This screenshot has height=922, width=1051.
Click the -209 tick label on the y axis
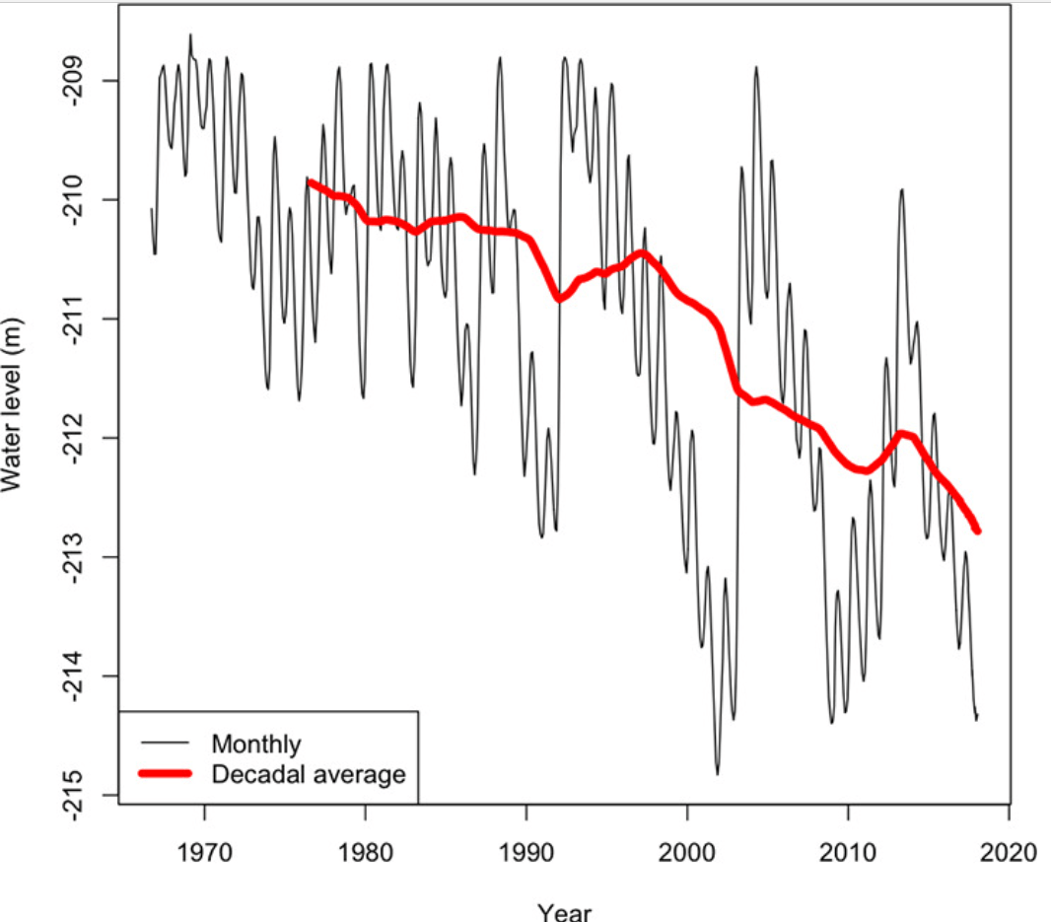[x=82, y=80]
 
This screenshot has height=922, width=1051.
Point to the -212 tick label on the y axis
[x=82, y=438]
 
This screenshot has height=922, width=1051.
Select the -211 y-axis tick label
[x=82, y=319]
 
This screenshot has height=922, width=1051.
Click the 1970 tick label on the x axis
[x=205, y=849]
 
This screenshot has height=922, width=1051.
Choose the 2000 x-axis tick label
[x=687, y=849]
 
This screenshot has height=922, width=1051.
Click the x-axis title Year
[x=564, y=910]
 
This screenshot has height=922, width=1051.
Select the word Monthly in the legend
[x=256, y=743]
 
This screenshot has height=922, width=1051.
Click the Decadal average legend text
[x=309, y=775]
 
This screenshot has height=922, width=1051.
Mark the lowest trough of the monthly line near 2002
[x=717, y=774]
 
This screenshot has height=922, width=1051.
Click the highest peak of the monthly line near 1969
[x=190, y=35]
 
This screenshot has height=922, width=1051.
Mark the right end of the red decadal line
[x=978, y=532]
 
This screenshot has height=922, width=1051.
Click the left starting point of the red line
[x=311, y=181]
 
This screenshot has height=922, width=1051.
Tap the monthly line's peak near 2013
[x=901, y=189]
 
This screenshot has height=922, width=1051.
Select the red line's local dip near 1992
[x=559, y=298]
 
